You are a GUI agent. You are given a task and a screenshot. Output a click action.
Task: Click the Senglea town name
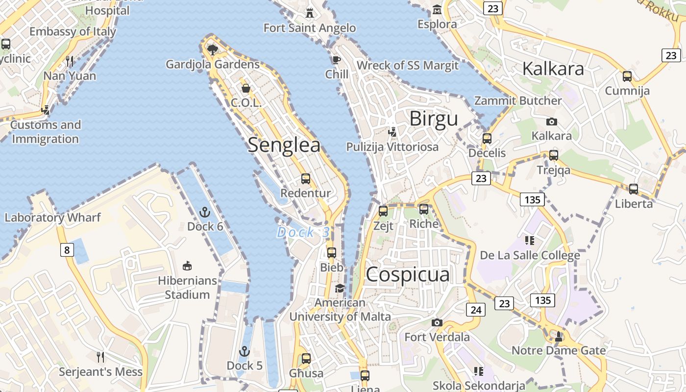(x=284, y=145)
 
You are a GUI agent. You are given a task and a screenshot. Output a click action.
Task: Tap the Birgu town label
(x=433, y=119)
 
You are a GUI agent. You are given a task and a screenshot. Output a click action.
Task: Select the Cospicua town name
(x=408, y=275)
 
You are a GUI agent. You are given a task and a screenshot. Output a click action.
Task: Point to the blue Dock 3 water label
(x=303, y=232)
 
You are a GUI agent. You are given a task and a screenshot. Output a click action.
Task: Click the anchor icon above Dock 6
(x=205, y=212)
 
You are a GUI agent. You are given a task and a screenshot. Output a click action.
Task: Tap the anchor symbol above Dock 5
(x=244, y=351)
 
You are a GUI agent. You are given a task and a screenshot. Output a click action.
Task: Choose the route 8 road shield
(x=67, y=250)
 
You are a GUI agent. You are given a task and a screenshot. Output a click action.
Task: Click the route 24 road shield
(x=475, y=310)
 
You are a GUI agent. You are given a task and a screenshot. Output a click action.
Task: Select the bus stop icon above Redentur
(x=306, y=179)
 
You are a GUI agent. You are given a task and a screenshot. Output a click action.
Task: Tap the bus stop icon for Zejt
(x=383, y=211)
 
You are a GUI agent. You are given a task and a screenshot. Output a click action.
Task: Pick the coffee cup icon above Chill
(x=336, y=60)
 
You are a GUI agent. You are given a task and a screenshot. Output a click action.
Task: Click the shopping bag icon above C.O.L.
(x=246, y=88)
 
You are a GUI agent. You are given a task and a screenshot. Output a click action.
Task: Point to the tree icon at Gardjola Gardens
(x=212, y=49)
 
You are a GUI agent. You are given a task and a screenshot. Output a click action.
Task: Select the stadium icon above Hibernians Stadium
(x=187, y=266)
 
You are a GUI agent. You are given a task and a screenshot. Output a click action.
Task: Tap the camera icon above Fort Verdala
(x=437, y=322)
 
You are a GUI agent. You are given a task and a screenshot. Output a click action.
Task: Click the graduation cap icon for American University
(x=340, y=288)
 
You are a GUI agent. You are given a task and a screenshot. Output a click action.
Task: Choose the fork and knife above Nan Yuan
(x=70, y=61)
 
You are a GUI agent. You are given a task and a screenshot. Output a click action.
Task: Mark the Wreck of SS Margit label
(x=408, y=65)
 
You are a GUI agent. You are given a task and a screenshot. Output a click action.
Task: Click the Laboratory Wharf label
(x=52, y=218)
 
